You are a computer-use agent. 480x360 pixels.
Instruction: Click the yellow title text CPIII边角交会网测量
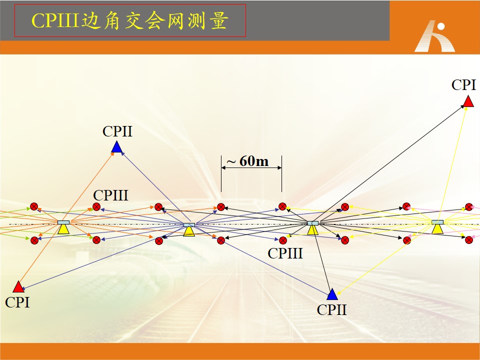[x=130, y=21]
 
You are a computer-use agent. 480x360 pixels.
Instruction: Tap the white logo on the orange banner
[x=435, y=36]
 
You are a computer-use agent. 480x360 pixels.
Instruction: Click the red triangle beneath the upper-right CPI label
[x=468, y=101]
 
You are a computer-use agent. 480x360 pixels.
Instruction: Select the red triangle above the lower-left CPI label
[x=18, y=287]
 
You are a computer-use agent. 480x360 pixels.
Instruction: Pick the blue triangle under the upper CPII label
[x=116, y=147]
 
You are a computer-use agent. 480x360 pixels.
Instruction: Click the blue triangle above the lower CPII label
[x=332, y=294]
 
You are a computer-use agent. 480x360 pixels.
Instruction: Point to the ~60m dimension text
[x=247, y=161]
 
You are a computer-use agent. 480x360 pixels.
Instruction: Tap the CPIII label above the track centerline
[x=110, y=195]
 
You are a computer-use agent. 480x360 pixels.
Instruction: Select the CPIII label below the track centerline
[x=285, y=253]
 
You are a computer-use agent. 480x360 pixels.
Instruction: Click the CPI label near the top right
[x=464, y=85]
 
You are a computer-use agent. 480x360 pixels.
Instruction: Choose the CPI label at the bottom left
[x=17, y=302]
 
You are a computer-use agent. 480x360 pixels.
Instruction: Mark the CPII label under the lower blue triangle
[x=332, y=310]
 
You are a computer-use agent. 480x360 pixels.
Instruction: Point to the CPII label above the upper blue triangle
[x=117, y=131]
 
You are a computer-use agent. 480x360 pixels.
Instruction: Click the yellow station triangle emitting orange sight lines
[x=63, y=228]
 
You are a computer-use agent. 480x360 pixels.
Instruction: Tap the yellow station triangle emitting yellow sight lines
[x=437, y=228]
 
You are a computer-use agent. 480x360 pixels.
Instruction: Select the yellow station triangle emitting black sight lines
[x=312, y=230]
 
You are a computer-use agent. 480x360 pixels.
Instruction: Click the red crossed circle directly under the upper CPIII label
[x=96, y=207]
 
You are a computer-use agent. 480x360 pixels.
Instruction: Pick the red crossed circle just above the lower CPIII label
[x=283, y=240]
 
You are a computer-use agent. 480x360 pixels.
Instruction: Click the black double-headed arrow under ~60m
[x=251, y=168]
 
